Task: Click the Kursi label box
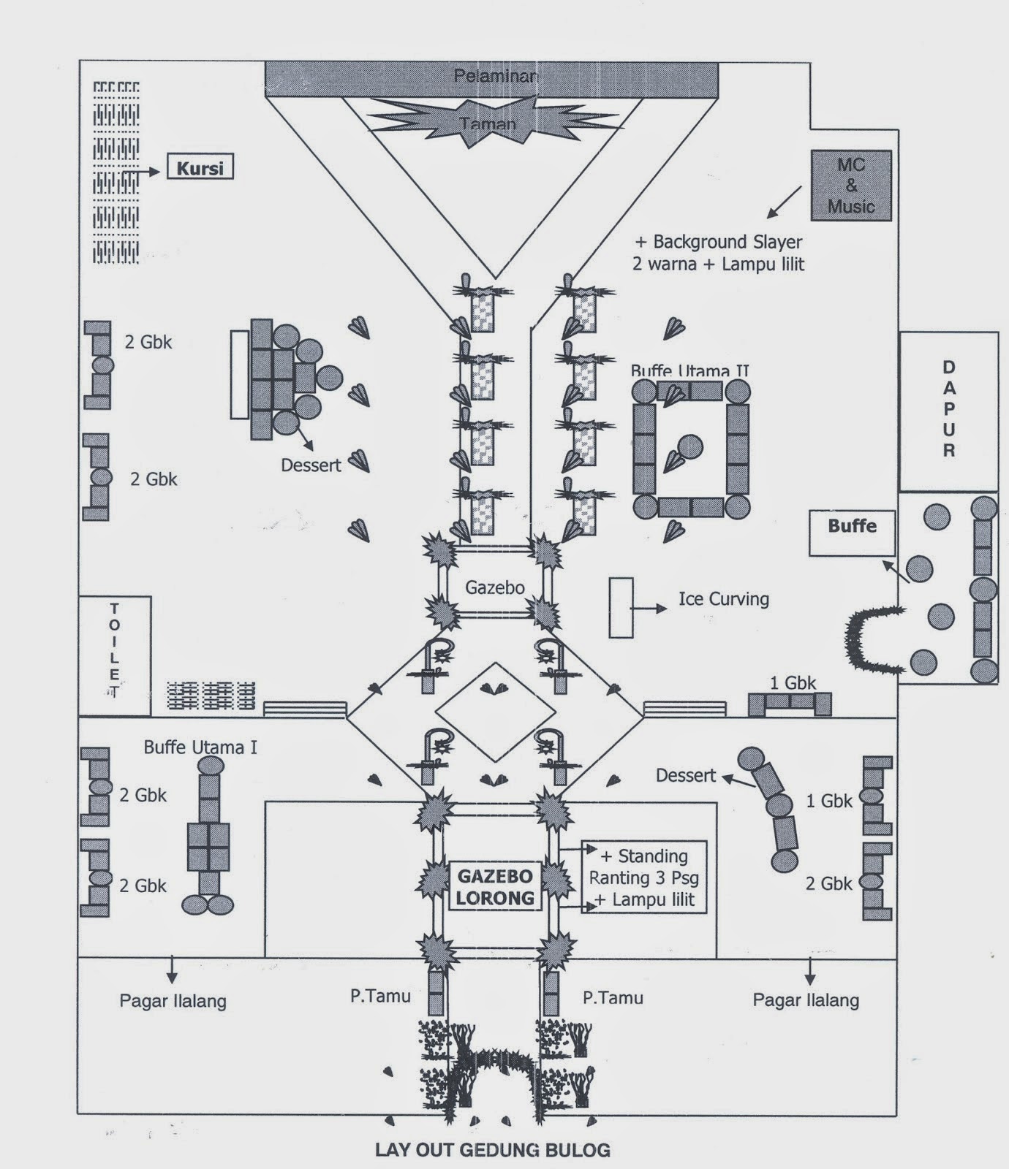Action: click(200, 168)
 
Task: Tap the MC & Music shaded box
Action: click(851, 186)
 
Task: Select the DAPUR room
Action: click(948, 410)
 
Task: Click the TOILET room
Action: click(115, 655)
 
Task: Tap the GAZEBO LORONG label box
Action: click(495, 886)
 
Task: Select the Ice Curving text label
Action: click(723, 599)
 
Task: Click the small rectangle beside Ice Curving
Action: click(621, 607)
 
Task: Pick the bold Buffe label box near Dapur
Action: click(852, 533)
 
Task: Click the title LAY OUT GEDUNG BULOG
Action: click(492, 1149)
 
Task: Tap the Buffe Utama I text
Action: click(200, 747)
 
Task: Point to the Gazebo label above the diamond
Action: click(495, 587)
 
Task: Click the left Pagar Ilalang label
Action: click(173, 1000)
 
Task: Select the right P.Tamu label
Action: click(613, 997)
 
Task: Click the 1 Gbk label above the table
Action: click(793, 683)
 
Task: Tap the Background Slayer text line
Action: click(718, 242)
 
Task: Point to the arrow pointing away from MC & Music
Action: click(783, 203)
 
